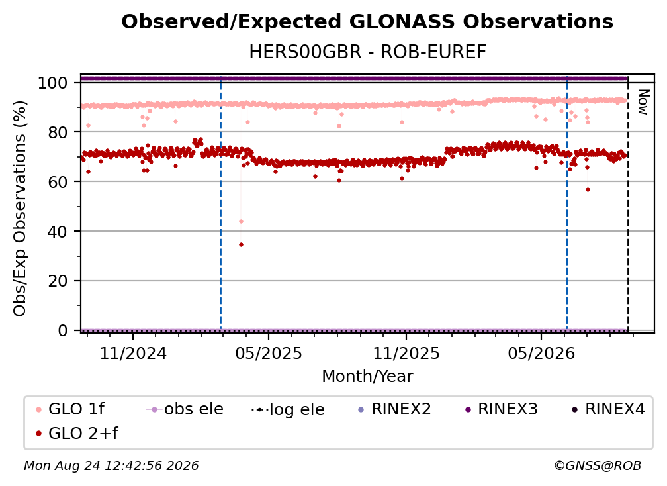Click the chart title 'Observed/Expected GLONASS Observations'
367,22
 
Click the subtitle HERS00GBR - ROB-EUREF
367,52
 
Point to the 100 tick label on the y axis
53,83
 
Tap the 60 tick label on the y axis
58,182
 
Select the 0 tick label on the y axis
63,330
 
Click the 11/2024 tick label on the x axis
133,353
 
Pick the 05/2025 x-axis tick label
269,353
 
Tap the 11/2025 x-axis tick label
406,353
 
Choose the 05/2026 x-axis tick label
541,353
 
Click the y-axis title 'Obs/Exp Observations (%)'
20,209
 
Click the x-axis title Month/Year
367,377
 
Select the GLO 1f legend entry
69,409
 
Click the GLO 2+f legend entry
77,434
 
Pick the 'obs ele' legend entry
184,409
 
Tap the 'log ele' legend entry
288,410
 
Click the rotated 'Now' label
643,102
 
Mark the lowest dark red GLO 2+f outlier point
241,245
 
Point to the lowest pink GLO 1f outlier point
241,221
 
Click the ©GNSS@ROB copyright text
598,466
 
